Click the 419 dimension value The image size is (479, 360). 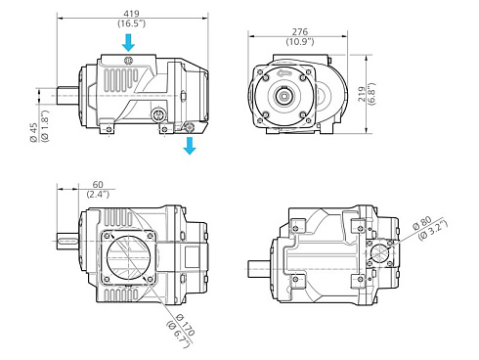[131, 10]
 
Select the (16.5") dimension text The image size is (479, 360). [131, 22]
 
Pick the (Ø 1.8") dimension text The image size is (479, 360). [45, 132]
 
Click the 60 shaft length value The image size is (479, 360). [98, 184]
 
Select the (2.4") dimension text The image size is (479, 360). [98, 195]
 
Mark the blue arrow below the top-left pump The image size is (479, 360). [190, 145]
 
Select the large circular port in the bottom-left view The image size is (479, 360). [126, 254]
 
